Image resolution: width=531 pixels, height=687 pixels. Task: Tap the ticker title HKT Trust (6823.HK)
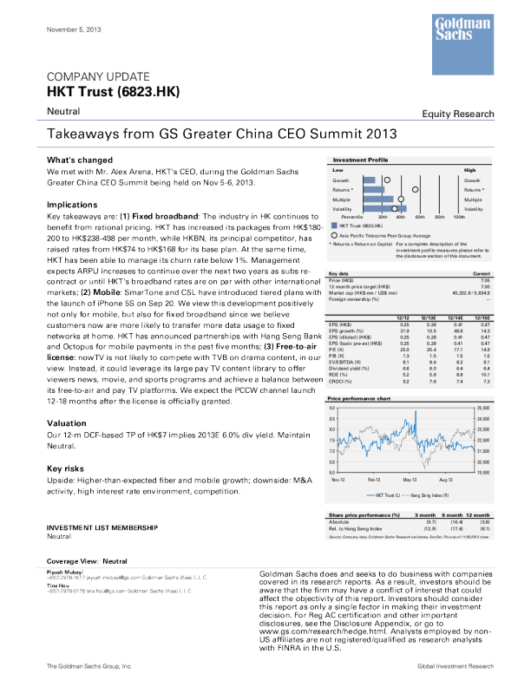[x=101, y=91]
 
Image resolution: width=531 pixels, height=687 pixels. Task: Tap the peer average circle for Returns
[x=415, y=189]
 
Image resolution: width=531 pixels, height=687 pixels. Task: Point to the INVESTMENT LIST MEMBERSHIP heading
[x=102, y=527]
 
